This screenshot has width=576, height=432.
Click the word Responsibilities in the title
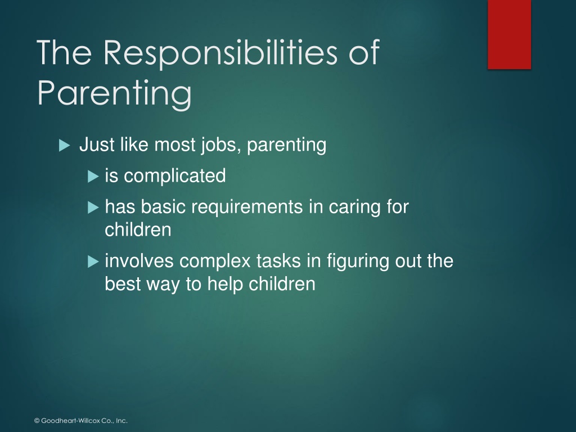point(220,53)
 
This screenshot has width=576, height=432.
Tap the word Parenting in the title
point(115,93)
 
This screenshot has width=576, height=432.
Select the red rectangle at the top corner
point(509,34)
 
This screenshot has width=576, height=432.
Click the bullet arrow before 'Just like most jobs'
point(64,146)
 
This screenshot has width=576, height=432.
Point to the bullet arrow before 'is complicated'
point(93,177)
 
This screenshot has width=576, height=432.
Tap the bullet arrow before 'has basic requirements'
point(93,208)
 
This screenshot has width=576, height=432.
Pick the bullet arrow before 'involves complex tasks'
point(93,262)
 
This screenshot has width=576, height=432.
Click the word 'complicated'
point(175,176)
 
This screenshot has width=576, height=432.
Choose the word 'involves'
point(139,261)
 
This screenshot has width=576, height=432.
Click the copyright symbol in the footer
point(37,421)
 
